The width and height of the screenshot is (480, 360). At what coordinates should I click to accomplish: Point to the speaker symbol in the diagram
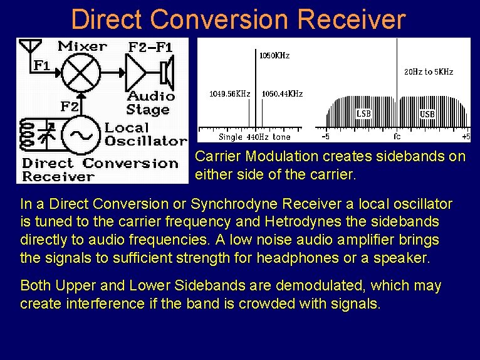click(x=166, y=73)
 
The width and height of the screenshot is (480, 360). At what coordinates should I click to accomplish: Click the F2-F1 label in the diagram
click(x=150, y=47)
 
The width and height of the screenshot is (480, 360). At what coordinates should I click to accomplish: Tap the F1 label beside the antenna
click(x=41, y=65)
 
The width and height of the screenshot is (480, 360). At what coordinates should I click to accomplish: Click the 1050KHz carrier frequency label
click(x=274, y=56)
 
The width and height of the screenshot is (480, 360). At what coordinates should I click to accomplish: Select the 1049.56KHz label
click(x=229, y=93)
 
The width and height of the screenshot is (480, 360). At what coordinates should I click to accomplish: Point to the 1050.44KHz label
click(x=282, y=93)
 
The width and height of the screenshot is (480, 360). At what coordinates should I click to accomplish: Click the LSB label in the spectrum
click(x=363, y=114)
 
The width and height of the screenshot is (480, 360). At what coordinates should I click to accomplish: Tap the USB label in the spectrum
click(x=427, y=114)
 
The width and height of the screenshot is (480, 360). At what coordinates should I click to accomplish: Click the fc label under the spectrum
click(x=397, y=136)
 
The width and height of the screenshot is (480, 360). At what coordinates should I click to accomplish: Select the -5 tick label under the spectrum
click(x=325, y=136)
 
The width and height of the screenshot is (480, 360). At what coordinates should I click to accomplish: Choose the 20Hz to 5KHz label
click(x=428, y=72)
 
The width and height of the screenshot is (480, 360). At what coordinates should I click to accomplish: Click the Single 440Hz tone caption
click(x=254, y=137)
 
